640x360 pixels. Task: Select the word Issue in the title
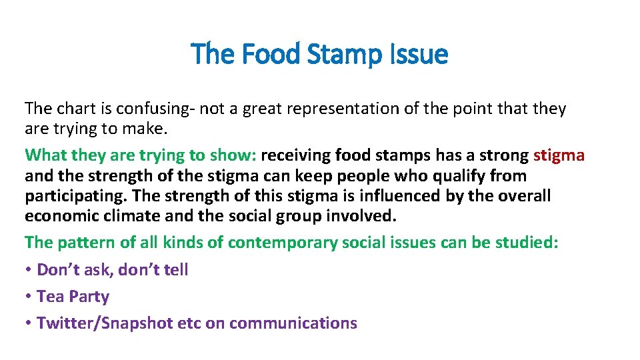point(420,54)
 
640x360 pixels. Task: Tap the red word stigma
point(559,156)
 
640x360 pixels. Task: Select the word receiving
point(295,156)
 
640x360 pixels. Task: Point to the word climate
point(123,216)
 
